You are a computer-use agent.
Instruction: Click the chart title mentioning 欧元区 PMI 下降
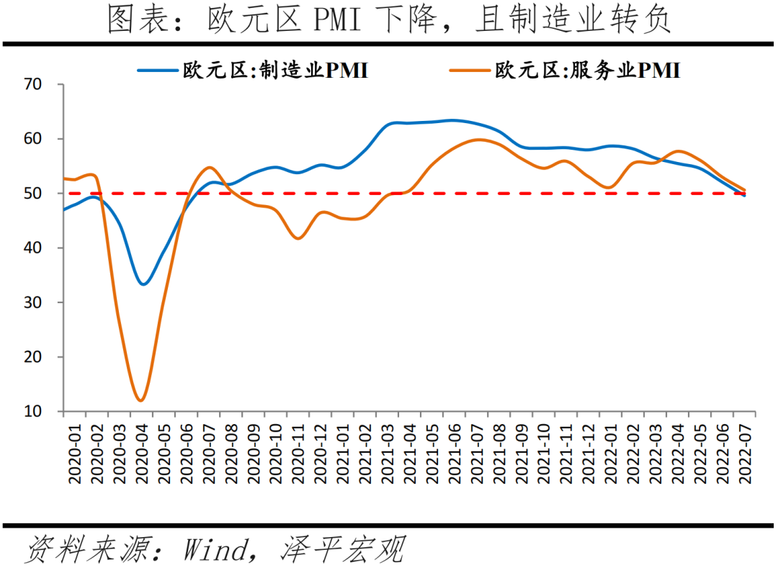pos(389,20)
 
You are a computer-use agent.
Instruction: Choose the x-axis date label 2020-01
pos(74,451)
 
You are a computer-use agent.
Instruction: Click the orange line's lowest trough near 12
pos(141,400)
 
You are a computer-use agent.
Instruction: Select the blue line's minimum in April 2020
pos(143,284)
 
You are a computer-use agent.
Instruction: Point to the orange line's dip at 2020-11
pos(298,238)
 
